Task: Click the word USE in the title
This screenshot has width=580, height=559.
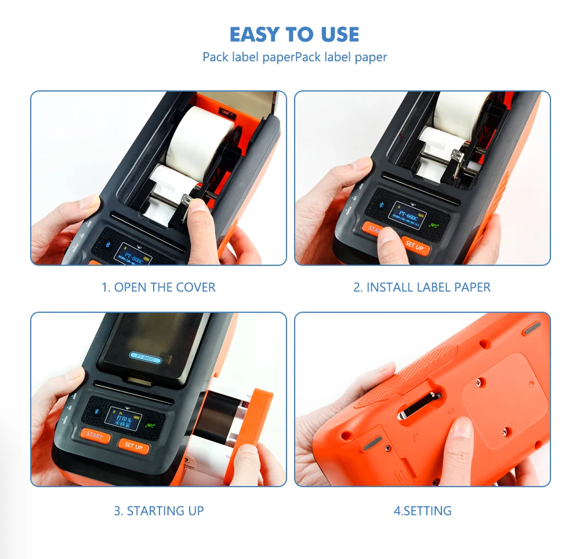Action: point(338,34)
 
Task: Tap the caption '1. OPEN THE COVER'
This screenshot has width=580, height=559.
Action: point(158,287)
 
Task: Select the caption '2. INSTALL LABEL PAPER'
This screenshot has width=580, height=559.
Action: point(422,287)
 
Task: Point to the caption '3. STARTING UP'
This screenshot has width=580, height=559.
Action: point(158,511)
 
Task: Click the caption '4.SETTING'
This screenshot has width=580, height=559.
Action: point(422,511)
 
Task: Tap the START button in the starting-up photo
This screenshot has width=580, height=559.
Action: point(95,435)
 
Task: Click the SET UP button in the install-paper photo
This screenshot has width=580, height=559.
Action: point(414,246)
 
